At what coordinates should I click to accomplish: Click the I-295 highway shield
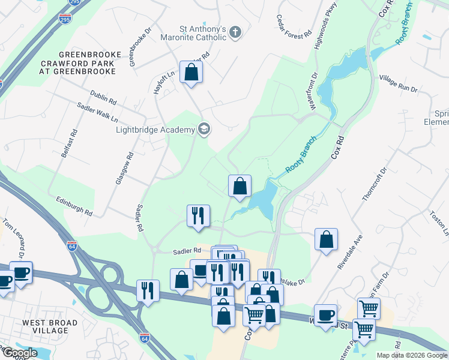coord(64,19)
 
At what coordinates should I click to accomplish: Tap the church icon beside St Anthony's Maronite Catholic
coord(236,33)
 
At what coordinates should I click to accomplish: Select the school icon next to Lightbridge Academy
coord(204,130)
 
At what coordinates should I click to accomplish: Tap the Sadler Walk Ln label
coord(97,112)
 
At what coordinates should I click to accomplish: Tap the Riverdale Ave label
coord(350,250)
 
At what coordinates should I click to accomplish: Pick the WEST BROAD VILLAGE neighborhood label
coord(50,327)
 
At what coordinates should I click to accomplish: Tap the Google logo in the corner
coord(19,353)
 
